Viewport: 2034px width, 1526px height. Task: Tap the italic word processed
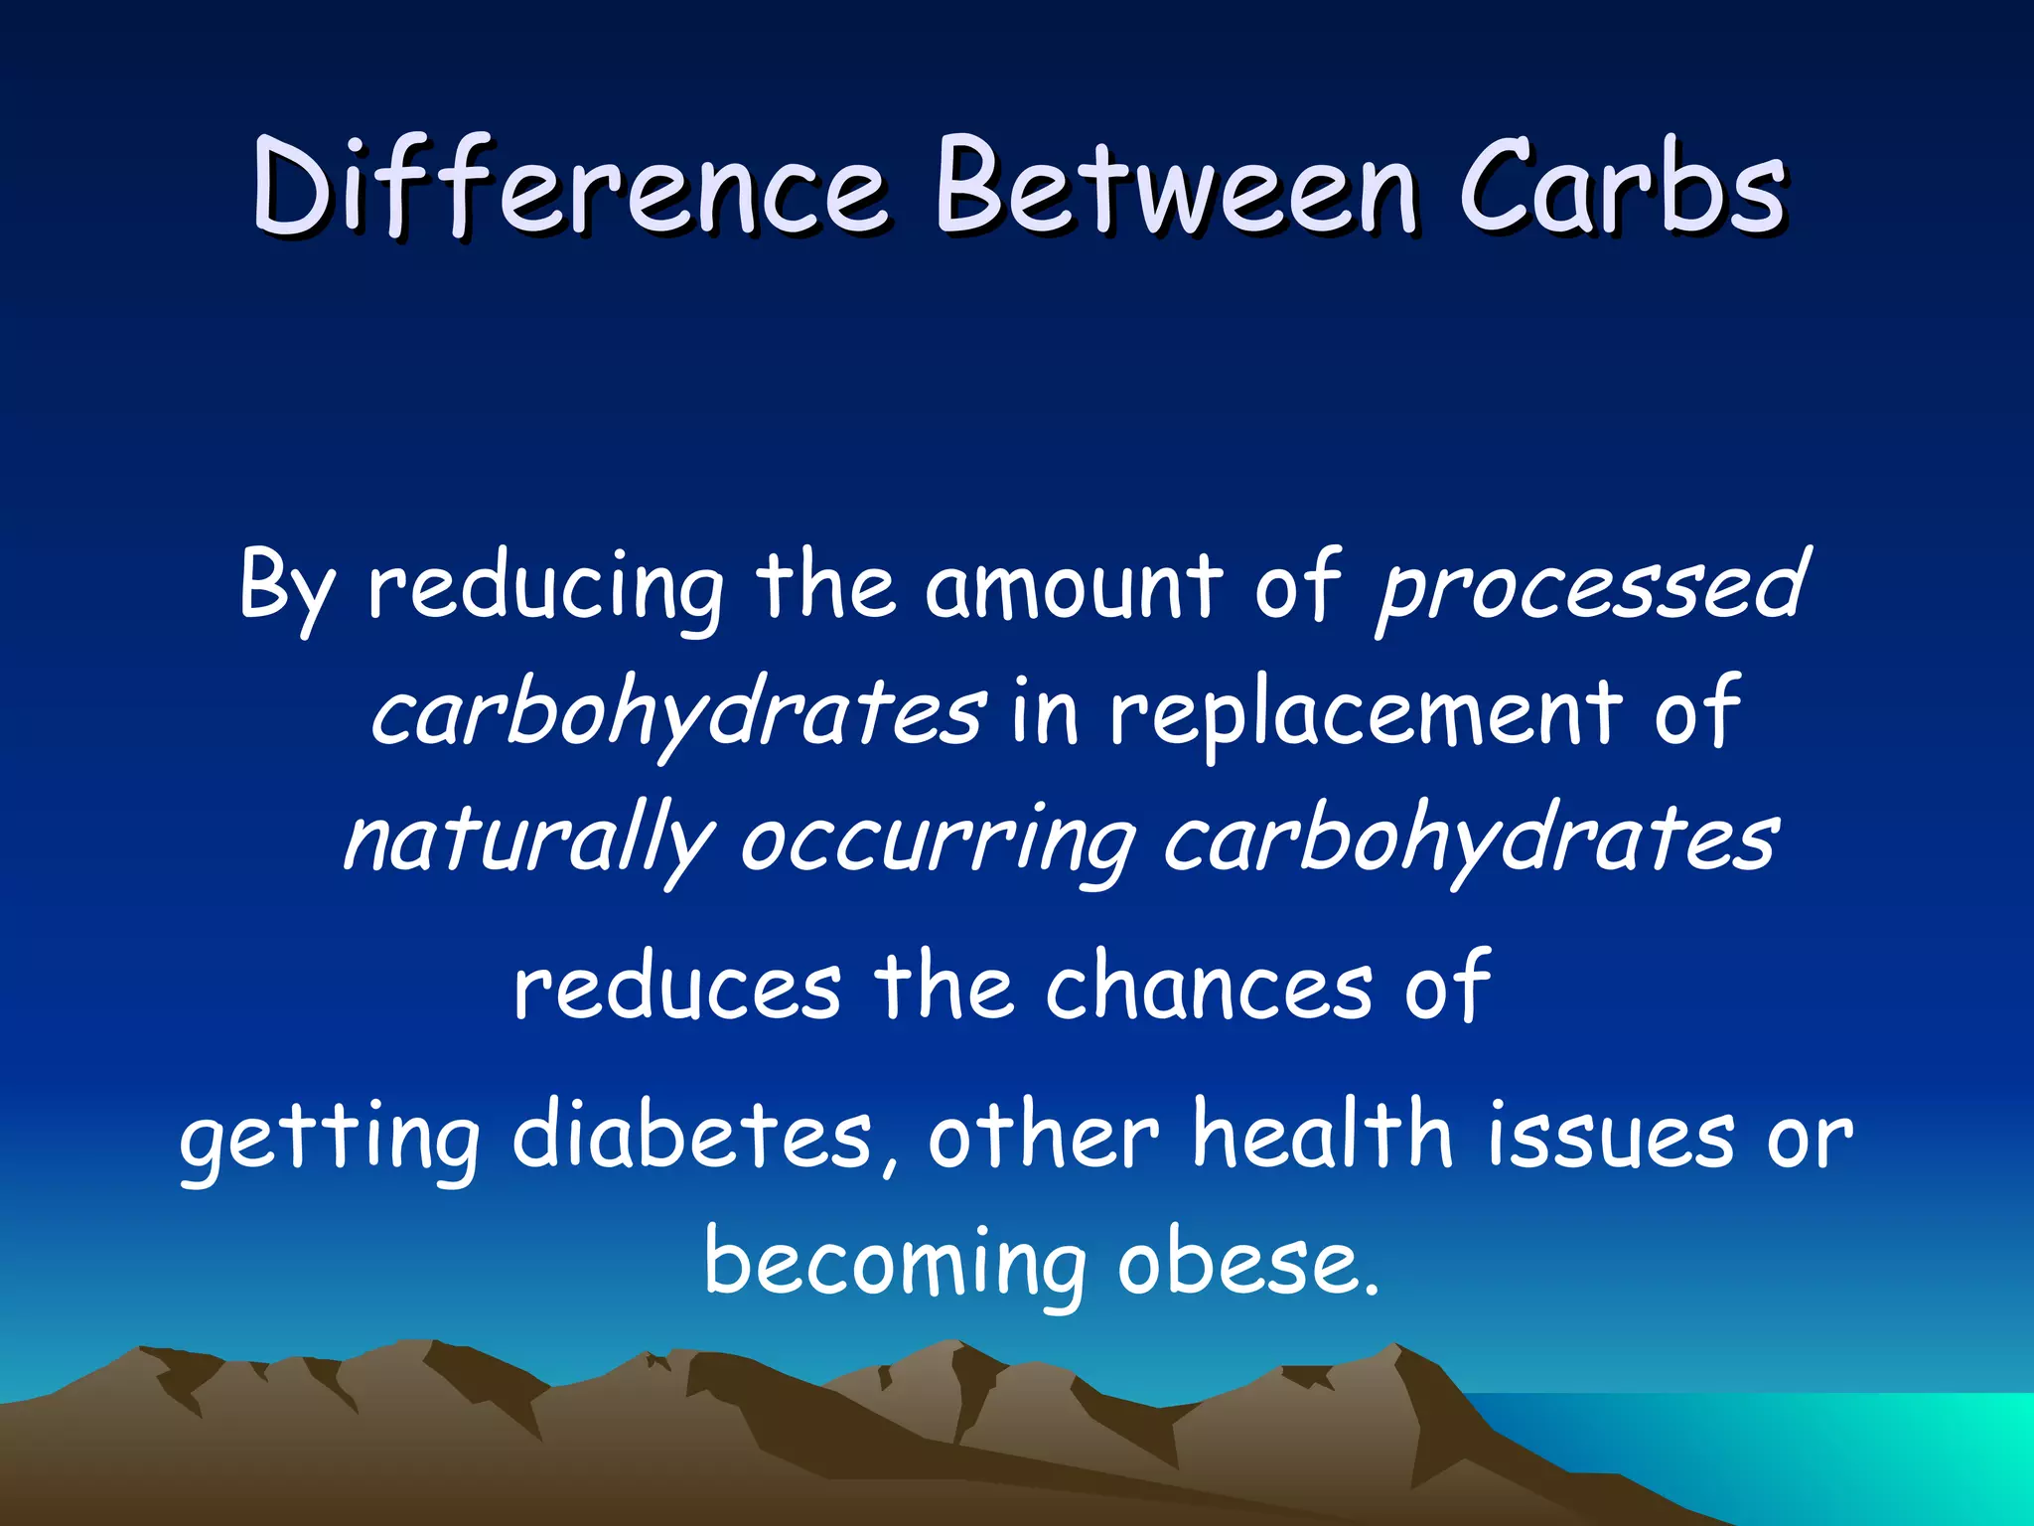[1590, 588]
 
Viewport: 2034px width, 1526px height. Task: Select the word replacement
[1365, 713]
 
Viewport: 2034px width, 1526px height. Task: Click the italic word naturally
[527, 840]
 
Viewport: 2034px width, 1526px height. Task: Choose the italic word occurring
[938, 840]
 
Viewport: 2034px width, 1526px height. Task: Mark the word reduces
[677, 987]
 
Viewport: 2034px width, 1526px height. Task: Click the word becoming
[894, 1264]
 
